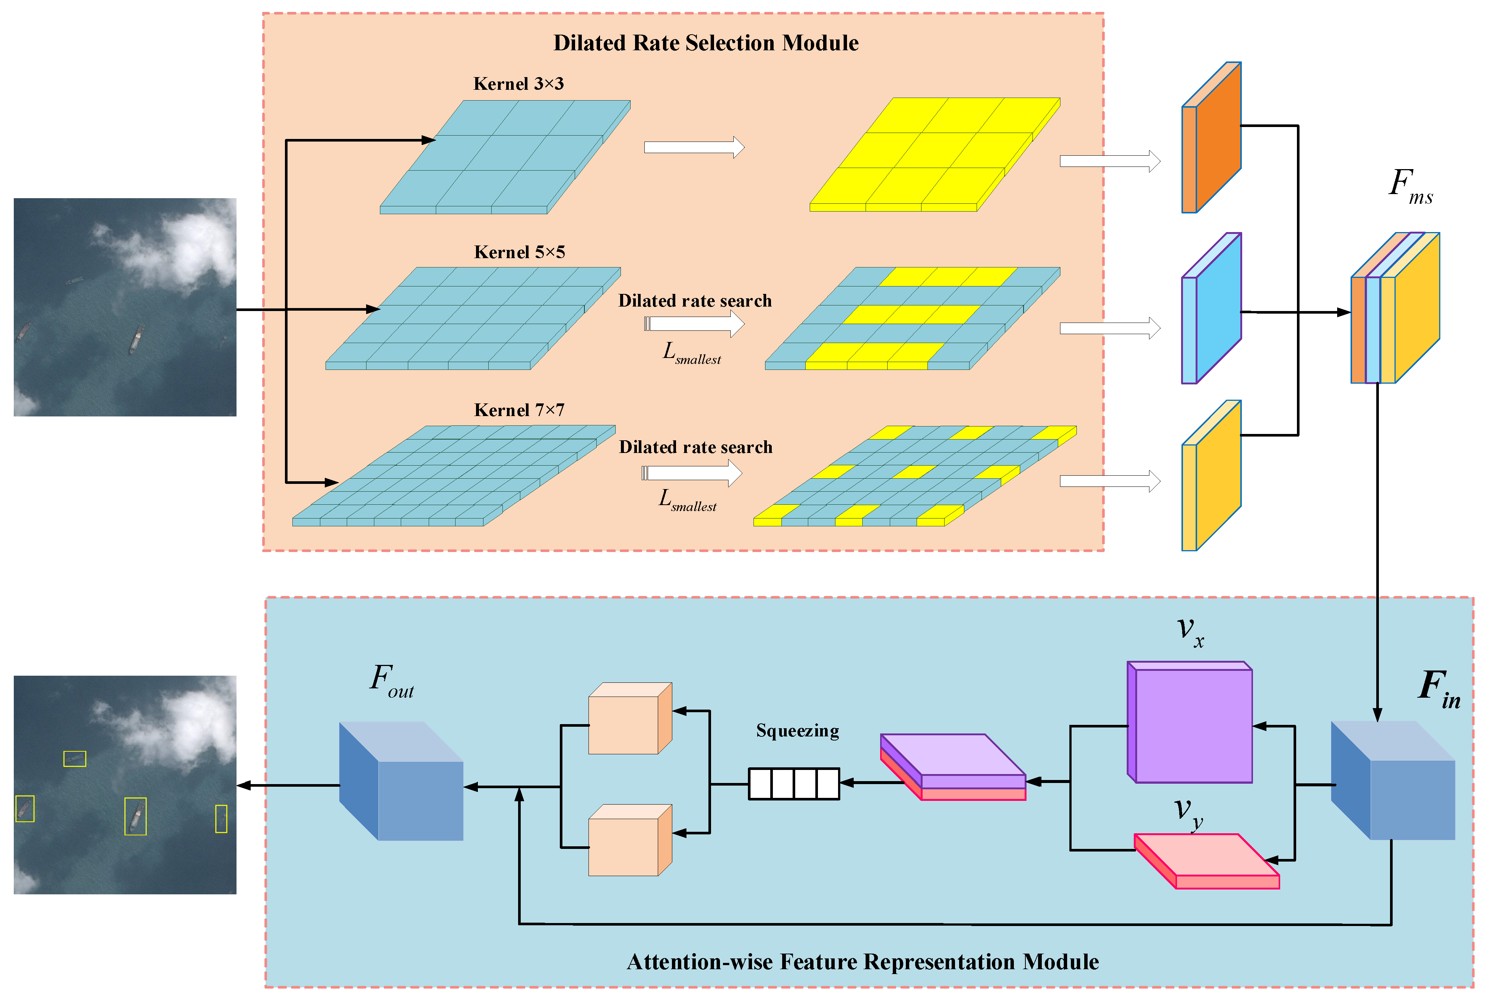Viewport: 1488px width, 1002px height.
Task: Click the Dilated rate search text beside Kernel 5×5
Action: click(x=695, y=301)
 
